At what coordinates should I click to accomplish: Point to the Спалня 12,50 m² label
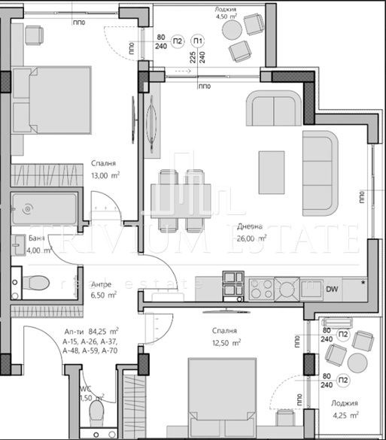(x=224, y=337)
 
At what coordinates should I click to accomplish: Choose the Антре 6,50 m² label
(x=103, y=290)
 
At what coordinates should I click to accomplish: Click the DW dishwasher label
(x=330, y=288)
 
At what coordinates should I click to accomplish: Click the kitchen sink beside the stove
(x=286, y=287)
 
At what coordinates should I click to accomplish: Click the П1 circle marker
(x=196, y=41)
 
